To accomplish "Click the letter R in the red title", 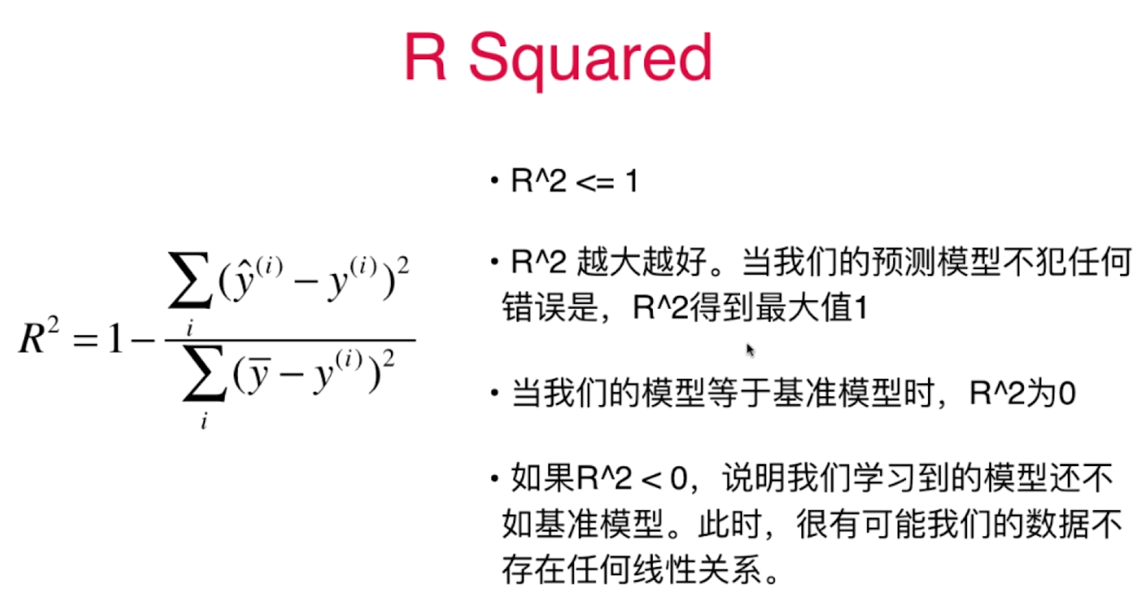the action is [426, 56].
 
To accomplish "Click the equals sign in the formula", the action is [85, 339].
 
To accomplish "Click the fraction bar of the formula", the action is [291, 339].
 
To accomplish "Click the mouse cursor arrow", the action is [751, 350].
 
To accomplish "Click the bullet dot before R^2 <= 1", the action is [494, 180].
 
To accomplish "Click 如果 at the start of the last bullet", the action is [543, 478].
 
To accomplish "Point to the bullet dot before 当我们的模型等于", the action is [494, 392].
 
